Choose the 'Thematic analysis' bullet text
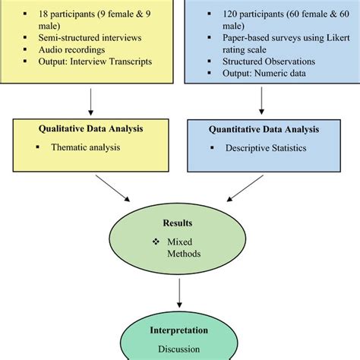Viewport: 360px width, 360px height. [89, 147]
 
